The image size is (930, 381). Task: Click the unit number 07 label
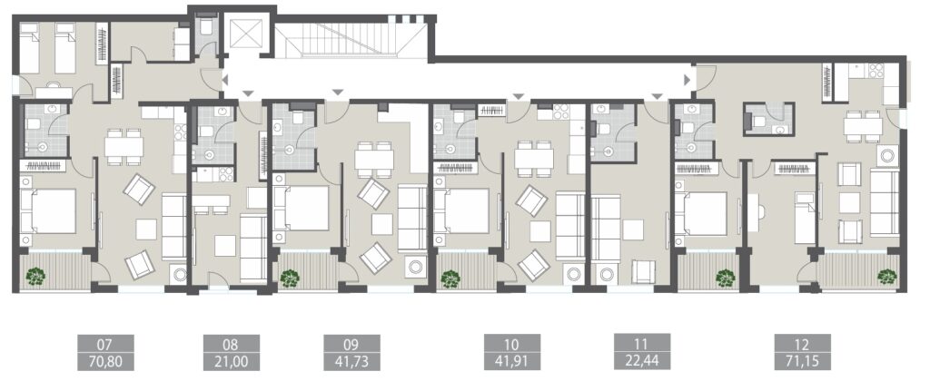[104, 345]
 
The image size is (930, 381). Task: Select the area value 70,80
[104, 362]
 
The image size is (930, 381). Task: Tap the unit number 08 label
[228, 345]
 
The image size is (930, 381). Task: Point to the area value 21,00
[228, 362]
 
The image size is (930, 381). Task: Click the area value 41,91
[511, 362]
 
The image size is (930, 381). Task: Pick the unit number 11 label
[643, 345]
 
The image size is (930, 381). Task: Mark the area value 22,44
[643, 362]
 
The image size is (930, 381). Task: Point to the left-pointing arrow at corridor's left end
[224, 82]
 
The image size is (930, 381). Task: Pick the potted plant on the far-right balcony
[885, 276]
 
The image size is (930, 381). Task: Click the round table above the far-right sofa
[886, 155]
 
